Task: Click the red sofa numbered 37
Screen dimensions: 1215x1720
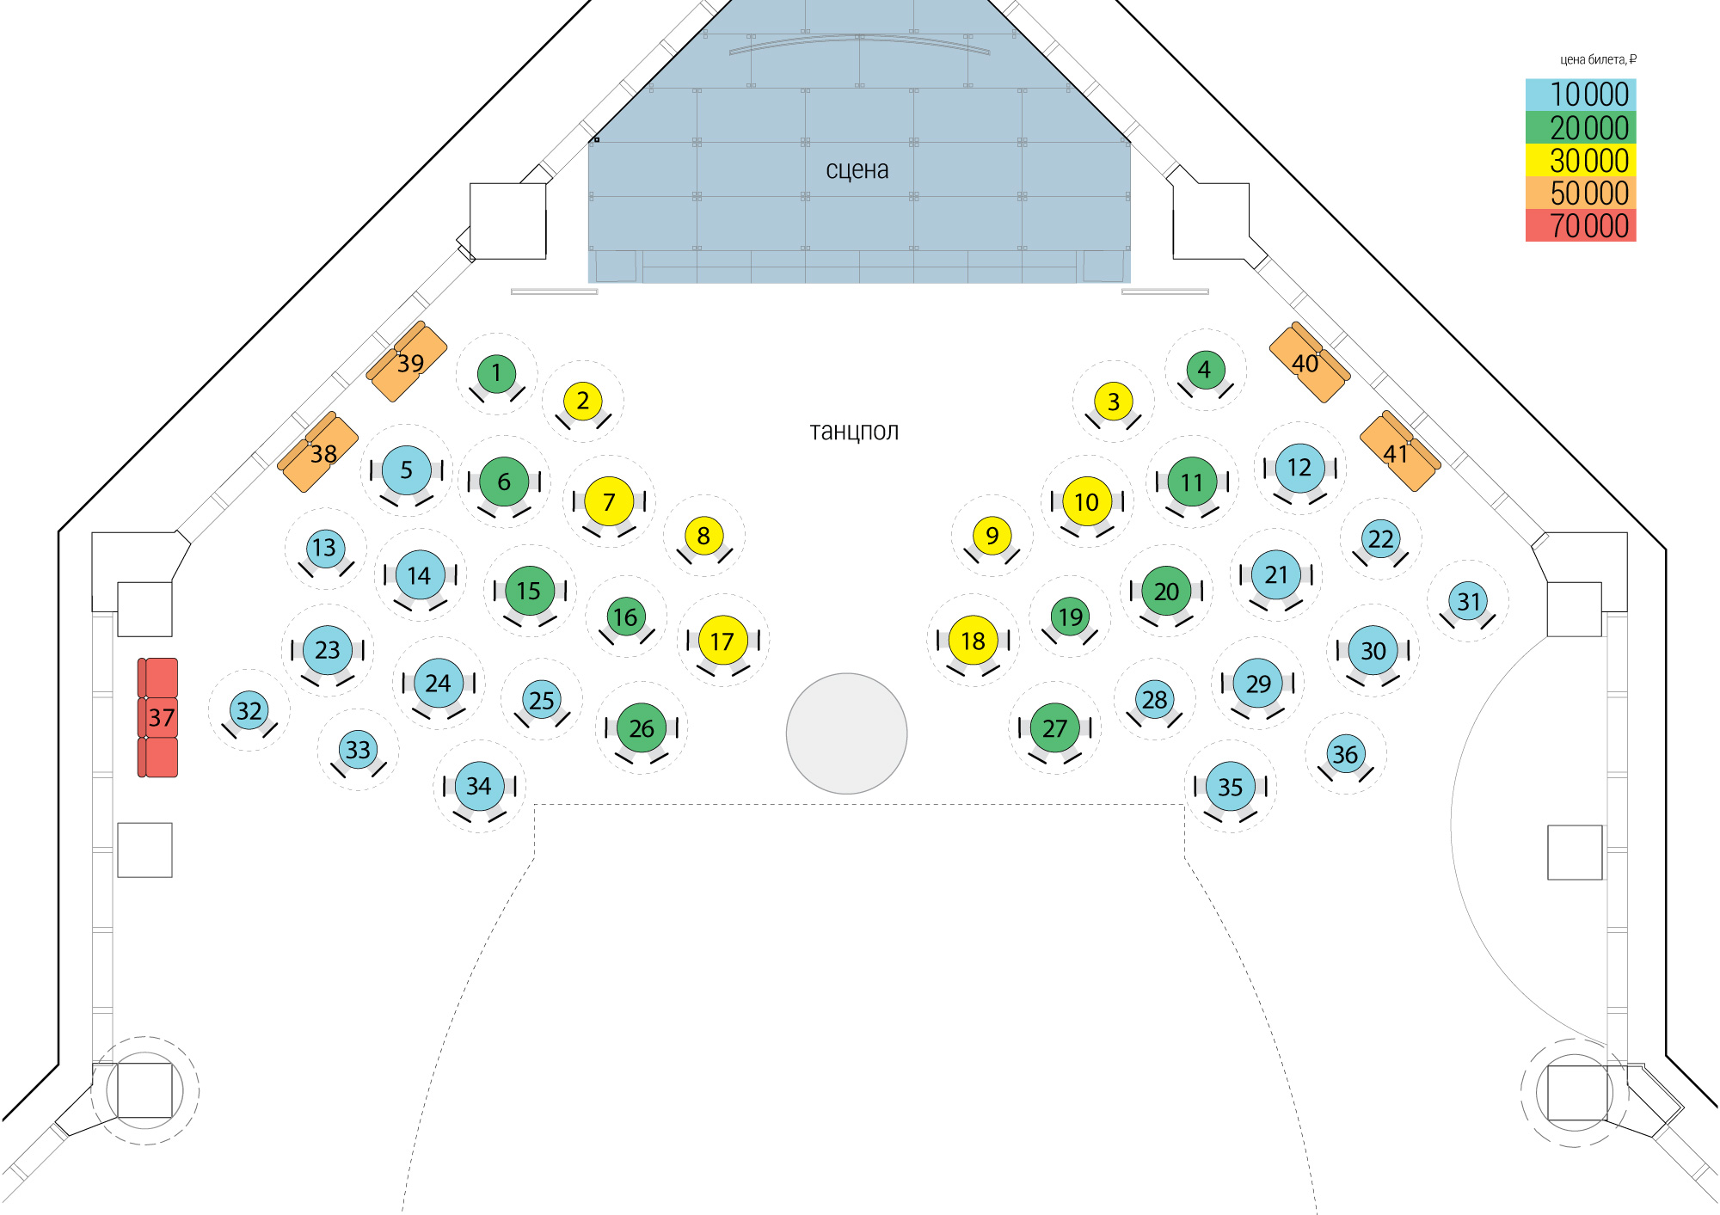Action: (158, 717)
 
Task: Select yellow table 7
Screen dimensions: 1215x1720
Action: (609, 501)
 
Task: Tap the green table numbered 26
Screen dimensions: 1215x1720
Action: (642, 728)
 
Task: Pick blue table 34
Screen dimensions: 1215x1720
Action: (479, 786)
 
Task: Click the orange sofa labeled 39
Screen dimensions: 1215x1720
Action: (408, 362)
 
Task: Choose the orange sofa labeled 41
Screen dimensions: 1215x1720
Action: (1398, 452)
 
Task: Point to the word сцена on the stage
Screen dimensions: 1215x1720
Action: (857, 170)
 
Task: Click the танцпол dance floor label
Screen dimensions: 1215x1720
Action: (854, 431)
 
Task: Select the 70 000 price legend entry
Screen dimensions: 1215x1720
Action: (1581, 226)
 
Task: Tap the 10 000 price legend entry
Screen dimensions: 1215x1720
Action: (1581, 95)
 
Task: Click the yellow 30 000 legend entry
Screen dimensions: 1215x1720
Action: (1581, 161)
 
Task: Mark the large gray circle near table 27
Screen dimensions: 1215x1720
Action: (846, 733)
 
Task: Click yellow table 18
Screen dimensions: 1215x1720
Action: (973, 641)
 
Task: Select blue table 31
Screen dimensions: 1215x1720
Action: (1469, 601)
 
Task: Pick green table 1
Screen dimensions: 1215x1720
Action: (496, 373)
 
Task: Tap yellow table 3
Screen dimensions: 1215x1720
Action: (1114, 402)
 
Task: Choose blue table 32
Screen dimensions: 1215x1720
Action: (249, 711)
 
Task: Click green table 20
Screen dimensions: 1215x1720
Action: (1166, 592)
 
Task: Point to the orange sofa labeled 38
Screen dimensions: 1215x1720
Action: (319, 453)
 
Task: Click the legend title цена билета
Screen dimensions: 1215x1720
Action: (1598, 59)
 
